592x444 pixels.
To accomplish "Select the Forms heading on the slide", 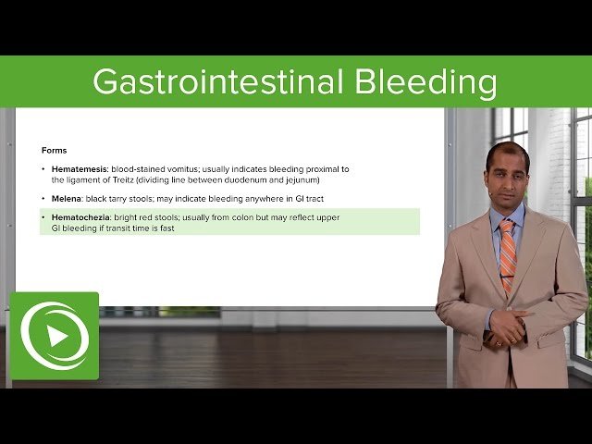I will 55,150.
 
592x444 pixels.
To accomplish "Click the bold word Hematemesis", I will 78,169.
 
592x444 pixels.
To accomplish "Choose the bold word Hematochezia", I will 80,217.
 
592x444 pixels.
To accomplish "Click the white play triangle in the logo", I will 57,336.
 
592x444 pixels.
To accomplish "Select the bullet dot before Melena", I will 43,199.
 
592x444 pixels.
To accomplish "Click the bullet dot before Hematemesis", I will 43,169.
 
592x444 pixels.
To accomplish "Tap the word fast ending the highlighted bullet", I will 166,228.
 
